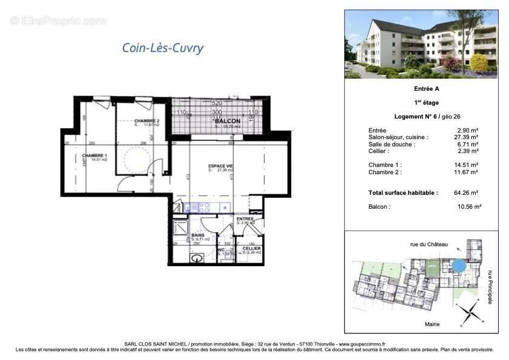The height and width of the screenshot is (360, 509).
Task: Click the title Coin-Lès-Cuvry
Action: pos(163,48)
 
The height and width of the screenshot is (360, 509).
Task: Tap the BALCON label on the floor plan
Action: pos(228,121)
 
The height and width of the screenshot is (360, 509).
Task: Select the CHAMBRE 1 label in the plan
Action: pos(95,155)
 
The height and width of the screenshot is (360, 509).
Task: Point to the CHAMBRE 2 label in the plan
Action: pos(146,120)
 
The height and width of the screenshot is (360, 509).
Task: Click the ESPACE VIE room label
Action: pos(221,166)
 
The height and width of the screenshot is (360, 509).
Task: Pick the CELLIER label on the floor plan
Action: pos(251,248)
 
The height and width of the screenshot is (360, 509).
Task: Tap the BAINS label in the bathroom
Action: pos(197,235)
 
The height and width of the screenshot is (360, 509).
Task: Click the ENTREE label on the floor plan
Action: pos(245,218)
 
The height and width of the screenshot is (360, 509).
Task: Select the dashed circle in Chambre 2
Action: pos(137,157)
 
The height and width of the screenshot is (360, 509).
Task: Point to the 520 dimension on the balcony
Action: pos(218,103)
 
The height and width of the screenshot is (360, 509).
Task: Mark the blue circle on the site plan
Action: pos(459,266)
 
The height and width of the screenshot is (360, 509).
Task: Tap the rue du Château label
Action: pos(429,244)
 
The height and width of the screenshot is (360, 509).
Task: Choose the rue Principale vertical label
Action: pos(490,286)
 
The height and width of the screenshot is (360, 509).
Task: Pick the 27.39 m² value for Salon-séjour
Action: pos(468,137)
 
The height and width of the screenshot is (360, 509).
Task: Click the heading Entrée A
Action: pos(421,88)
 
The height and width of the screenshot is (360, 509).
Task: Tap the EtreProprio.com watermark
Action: pos(58,21)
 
